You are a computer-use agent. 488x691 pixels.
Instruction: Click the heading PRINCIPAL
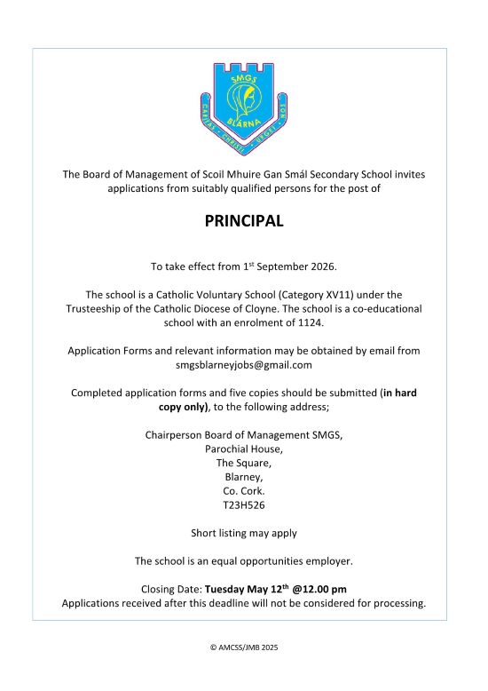click(244, 221)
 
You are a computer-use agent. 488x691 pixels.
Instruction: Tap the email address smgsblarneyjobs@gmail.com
click(244, 365)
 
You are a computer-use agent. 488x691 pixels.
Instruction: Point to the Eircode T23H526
click(244, 505)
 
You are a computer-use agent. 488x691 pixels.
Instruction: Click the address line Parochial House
click(244, 449)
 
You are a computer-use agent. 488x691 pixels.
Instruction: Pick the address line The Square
click(244, 463)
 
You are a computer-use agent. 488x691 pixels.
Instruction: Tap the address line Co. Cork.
click(244, 491)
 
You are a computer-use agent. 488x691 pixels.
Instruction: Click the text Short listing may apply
click(244, 534)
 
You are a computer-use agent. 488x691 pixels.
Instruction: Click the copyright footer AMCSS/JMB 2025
click(244, 648)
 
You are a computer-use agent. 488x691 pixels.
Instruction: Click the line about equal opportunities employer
click(244, 561)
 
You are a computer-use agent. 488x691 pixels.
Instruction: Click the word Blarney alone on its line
click(244, 477)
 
